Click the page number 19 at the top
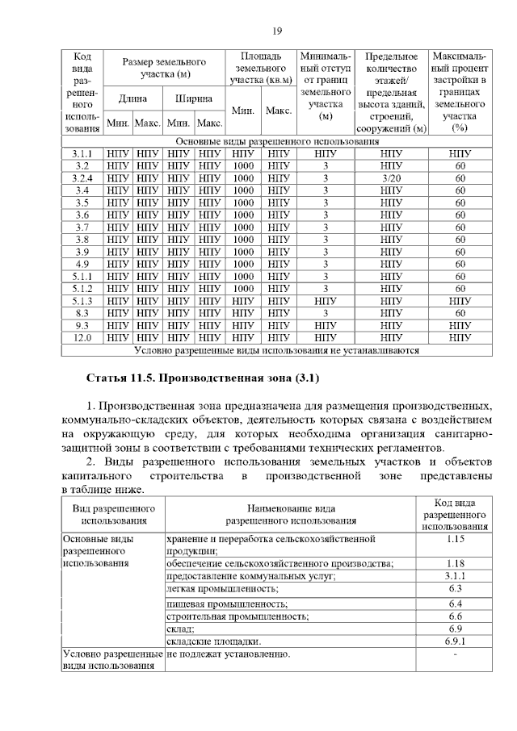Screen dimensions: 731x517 [x=276, y=31]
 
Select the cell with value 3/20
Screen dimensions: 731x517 [x=391, y=178]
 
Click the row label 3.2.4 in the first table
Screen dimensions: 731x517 [x=82, y=178]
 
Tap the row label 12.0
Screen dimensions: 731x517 [x=82, y=338]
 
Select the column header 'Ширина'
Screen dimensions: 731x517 [x=194, y=99]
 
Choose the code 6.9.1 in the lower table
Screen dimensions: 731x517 [x=454, y=641]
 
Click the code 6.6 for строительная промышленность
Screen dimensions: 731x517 [x=454, y=616]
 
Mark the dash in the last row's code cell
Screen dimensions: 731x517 [x=454, y=654]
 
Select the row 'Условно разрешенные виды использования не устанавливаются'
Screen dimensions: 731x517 [x=276, y=351]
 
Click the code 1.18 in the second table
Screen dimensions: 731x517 [x=454, y=563]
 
